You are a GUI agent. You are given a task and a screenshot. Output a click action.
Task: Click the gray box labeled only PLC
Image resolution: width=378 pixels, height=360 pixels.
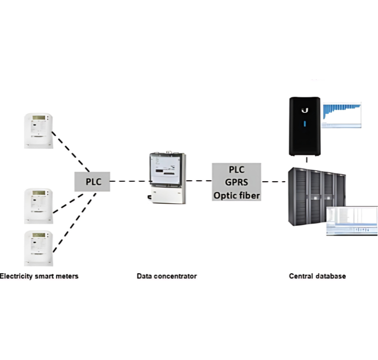click(92, 181)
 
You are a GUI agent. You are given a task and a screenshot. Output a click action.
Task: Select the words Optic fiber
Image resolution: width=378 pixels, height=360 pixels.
click(236, 195)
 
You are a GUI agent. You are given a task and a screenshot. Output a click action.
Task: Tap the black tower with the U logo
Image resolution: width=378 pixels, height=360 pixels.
click(305, 125)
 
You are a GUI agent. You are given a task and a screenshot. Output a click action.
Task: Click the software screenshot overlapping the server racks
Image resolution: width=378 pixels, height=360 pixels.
click(352, 221)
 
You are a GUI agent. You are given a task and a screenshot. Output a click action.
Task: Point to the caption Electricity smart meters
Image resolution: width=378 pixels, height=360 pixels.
click(39, 276)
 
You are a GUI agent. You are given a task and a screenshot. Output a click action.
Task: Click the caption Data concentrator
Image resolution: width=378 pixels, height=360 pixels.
click(166, 276)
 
